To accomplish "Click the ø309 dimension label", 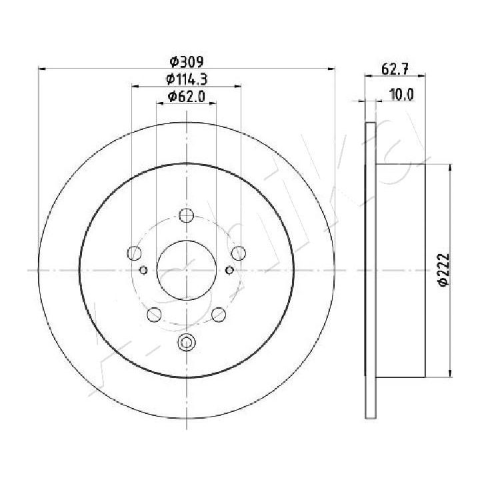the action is point(187,62).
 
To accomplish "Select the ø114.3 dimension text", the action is point(187,79).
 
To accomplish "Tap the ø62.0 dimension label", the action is point(186,97).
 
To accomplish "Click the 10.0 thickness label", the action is point(401,95).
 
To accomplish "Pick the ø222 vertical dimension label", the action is point(444,270).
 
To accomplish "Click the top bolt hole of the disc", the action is point(186,215).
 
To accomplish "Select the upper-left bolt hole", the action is point(134,253).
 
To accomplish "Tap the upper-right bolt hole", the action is point(238,253).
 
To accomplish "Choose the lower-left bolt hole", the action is point(154,315).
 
